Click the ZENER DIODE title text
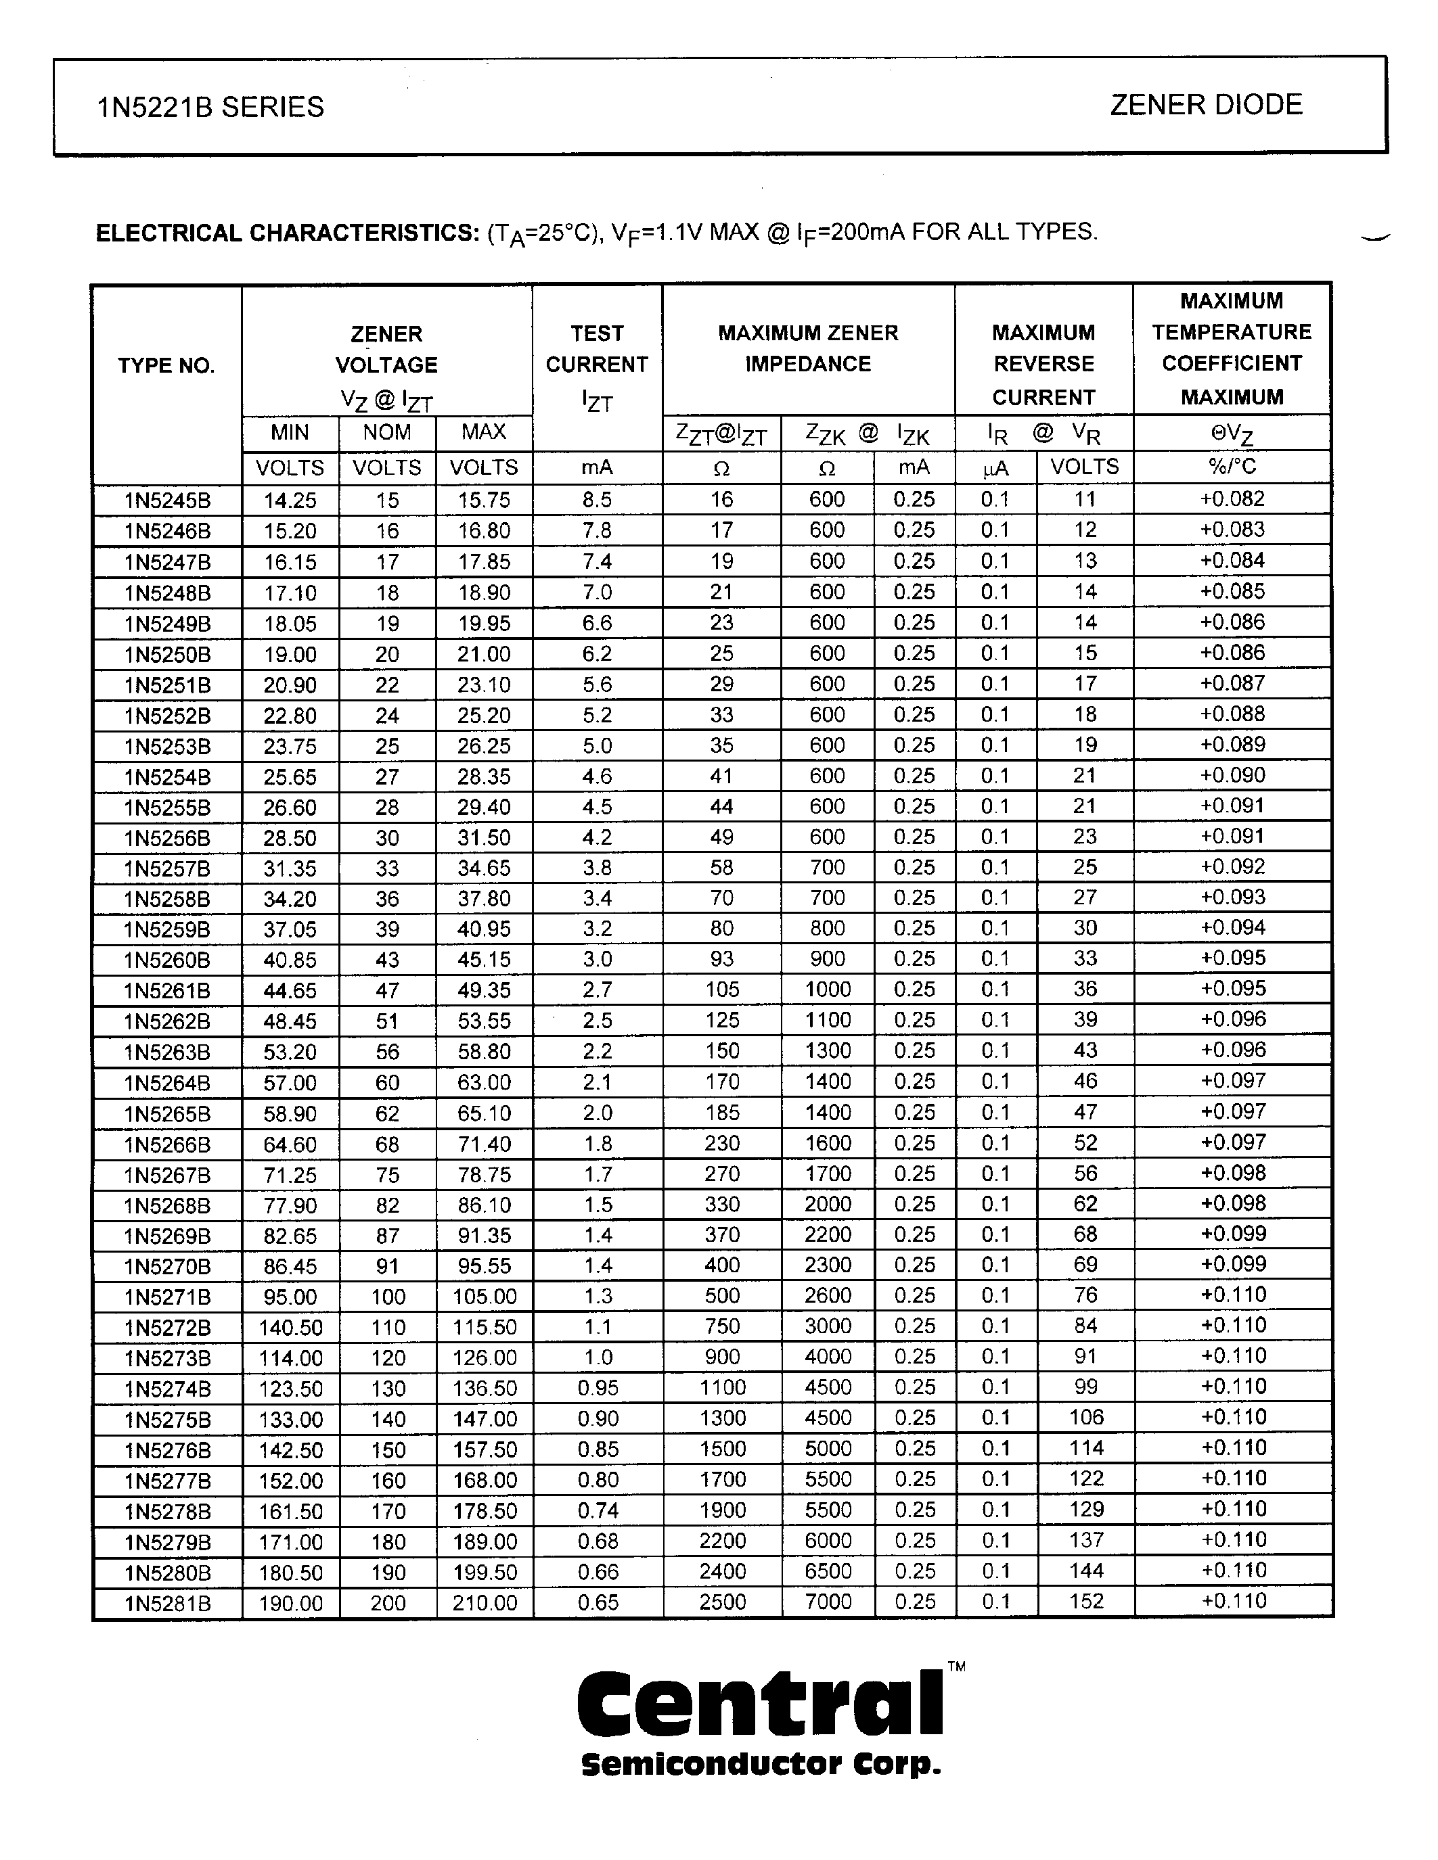click(x=1205, y=105)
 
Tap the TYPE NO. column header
click(x=166, y=366)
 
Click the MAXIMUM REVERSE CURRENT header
click(x=1043, y=365)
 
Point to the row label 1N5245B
click(x=167, y=500)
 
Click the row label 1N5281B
click(x=167, y=1604)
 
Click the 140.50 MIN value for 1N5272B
click(x=290, y=1328)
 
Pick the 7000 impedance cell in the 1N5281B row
click(x=827, y=1602)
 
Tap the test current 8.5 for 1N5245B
click(x=596, y=500)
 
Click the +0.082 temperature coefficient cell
click(x=1232, y=499)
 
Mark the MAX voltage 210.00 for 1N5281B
click(x=484, y=1603)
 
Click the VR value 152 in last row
click(x=1085, y=1601)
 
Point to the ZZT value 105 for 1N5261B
click(x=721, y=990)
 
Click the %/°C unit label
click(x=1232, y=467)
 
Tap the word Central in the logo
click(x=760, y=1703)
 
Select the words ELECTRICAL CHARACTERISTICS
click(x=287, y=233)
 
